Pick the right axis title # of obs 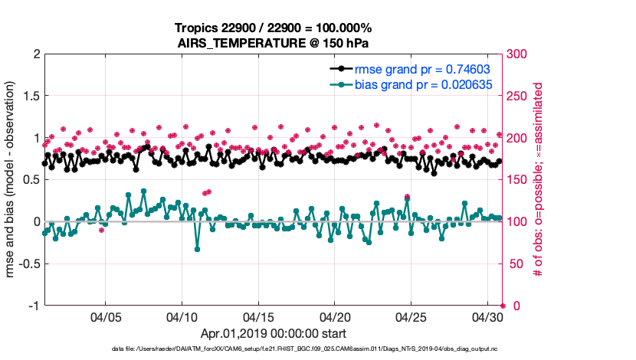click(538, 180)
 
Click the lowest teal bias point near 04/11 click(197, 249)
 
